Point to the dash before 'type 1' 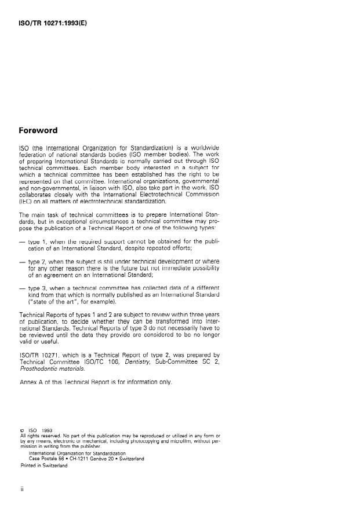point(22,240)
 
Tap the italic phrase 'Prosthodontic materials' point(59,368)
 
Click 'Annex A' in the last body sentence point(34,382)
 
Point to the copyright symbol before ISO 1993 point(21,430)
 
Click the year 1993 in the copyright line point(47,430)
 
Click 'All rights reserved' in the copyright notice point(39,436)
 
